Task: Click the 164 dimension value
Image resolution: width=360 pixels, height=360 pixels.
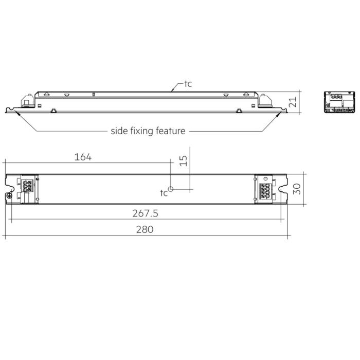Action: (83, 157)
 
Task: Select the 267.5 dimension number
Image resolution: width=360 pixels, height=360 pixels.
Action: (145, 212)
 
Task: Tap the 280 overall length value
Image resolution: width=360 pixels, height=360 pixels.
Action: (145, 230)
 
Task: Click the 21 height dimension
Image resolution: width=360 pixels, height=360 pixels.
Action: (293, 101)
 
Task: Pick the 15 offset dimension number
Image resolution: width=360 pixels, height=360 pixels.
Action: (184, 160)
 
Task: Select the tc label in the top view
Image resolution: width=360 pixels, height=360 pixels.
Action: (164, 193)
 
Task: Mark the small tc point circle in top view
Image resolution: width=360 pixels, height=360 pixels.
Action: (171, 189)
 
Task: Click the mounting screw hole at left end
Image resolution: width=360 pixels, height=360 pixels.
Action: (9, 196)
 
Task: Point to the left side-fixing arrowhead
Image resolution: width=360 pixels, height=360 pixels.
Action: (16, 112)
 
